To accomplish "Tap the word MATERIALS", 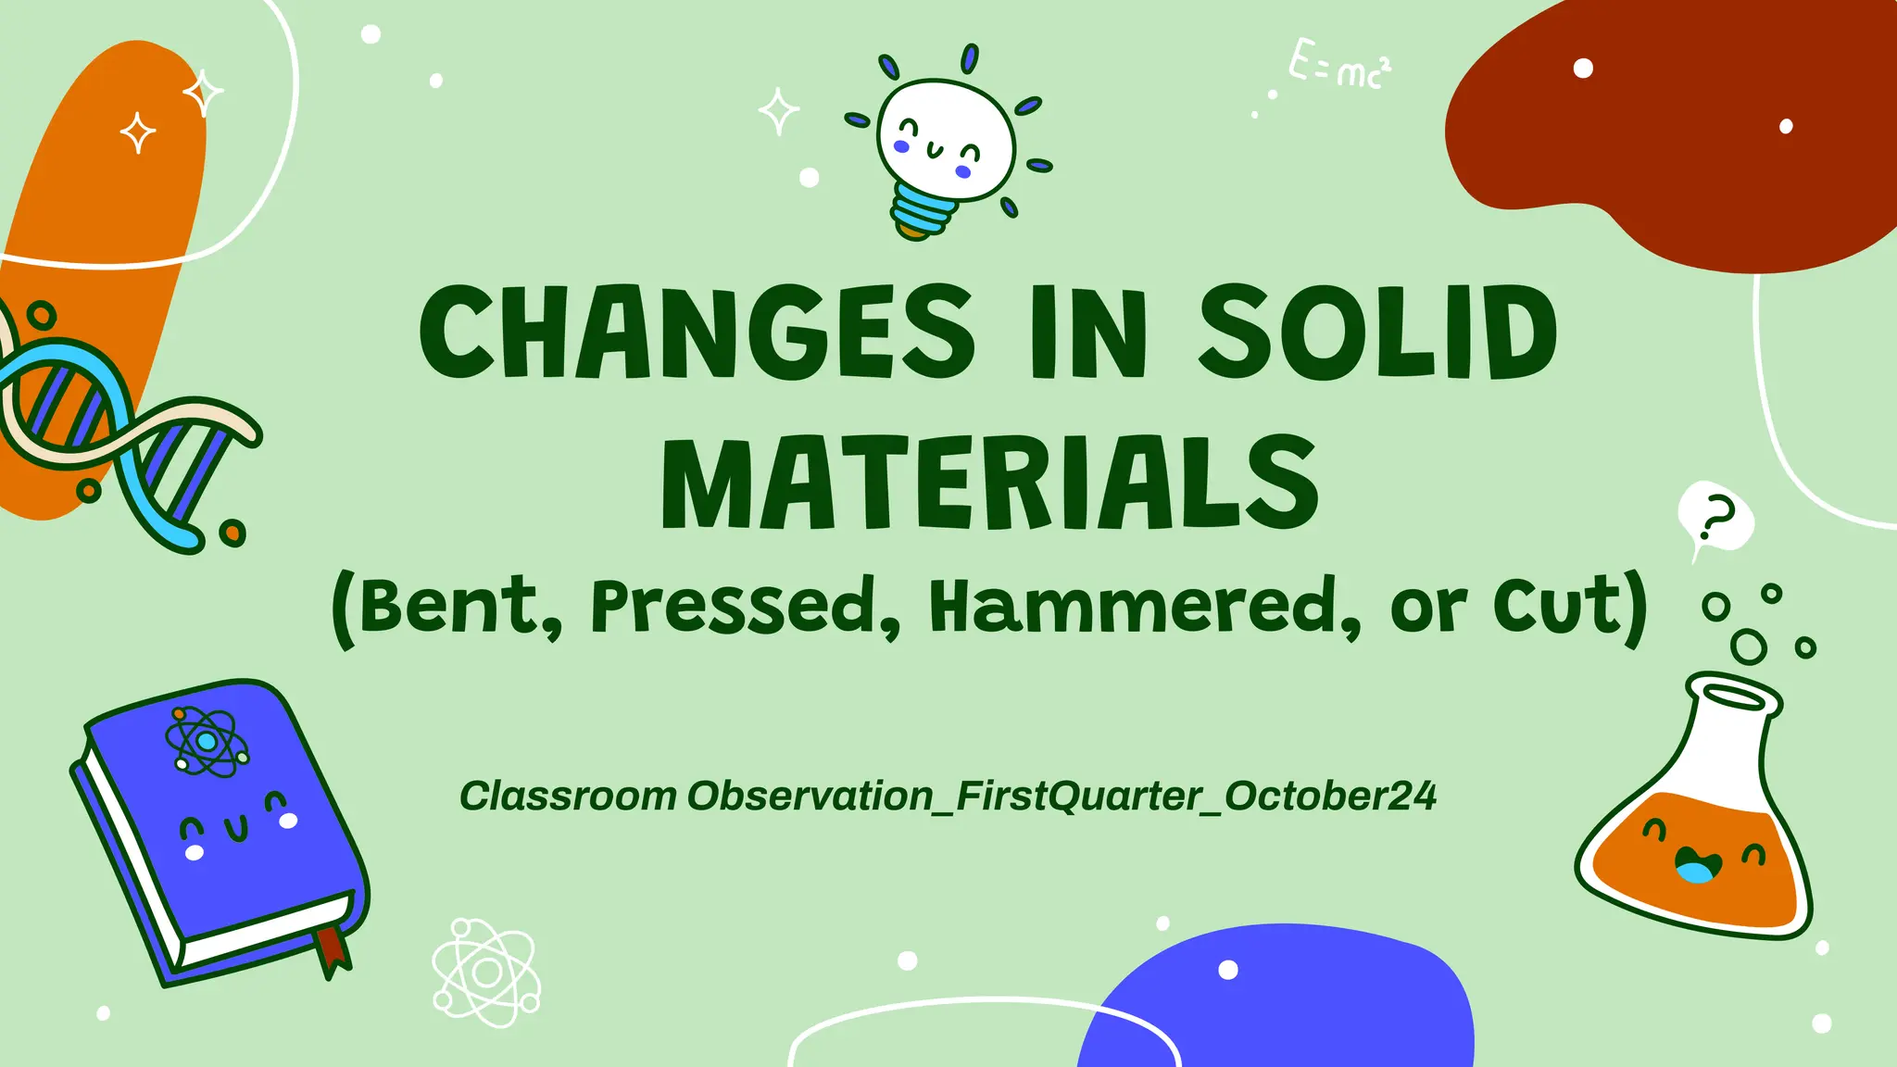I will pyautogui.click(x=989, y=483).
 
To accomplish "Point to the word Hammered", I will pyautogui.click(x=1145, y=607).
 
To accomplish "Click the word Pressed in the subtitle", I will pyautogui.click(x=734, y=607).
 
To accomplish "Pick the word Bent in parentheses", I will pyautogui.click(x=448, y=607).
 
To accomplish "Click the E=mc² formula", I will pyautogui.click(x=1339, y=65).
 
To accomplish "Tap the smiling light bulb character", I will pyautogui.click(x=945, y=139).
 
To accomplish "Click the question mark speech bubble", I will pyautogui.click(x=1716, y=517).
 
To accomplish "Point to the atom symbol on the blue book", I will pyautogui.click(x=207, y=742).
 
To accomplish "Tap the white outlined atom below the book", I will pyautogui.click(x=486, y=973).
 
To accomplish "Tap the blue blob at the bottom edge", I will pyautogui.click(x=1278, y=1005).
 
